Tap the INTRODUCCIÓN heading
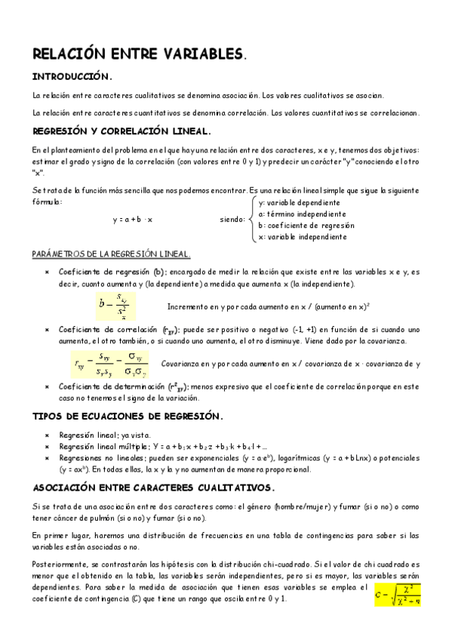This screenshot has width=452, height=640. click(72, 76)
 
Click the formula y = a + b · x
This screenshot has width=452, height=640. click(132, 220)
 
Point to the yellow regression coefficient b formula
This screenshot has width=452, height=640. click(112, 306)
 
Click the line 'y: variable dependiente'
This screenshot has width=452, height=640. click(298, 203)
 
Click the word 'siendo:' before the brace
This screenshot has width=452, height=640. click(232, 220)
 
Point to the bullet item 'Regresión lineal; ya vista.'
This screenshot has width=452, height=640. click(104, 435)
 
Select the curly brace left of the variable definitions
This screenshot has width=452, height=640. click(252, 220)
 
